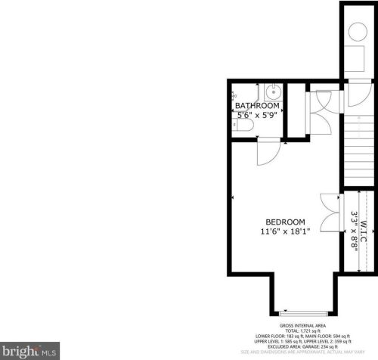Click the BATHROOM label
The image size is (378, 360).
(257, 106)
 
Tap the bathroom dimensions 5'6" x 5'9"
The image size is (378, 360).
(258, 116)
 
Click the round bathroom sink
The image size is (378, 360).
(273, 92)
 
